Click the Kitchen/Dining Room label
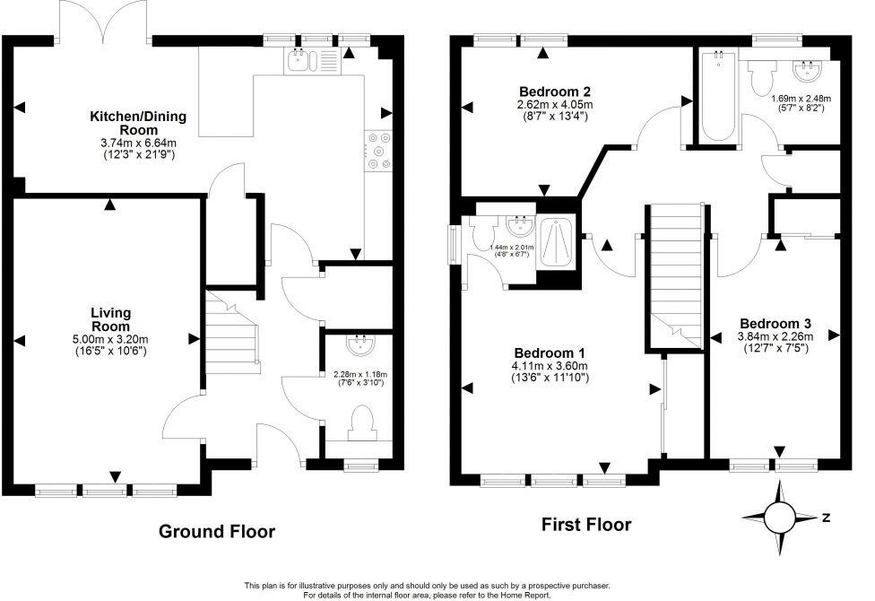pyautogui.click(x=131, y=124)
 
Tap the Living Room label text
pyautogui.click(x=110, y=318)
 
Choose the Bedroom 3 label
pyautogui.click(x=775, y=323)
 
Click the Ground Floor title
pyautogui.click(x=217, y=531)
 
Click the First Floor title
pyautogui.click(x=586, y=525)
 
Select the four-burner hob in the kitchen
pyautogui.click(x=377, y=151)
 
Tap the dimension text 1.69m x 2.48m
pyautogui.click(x=801, y=99)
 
